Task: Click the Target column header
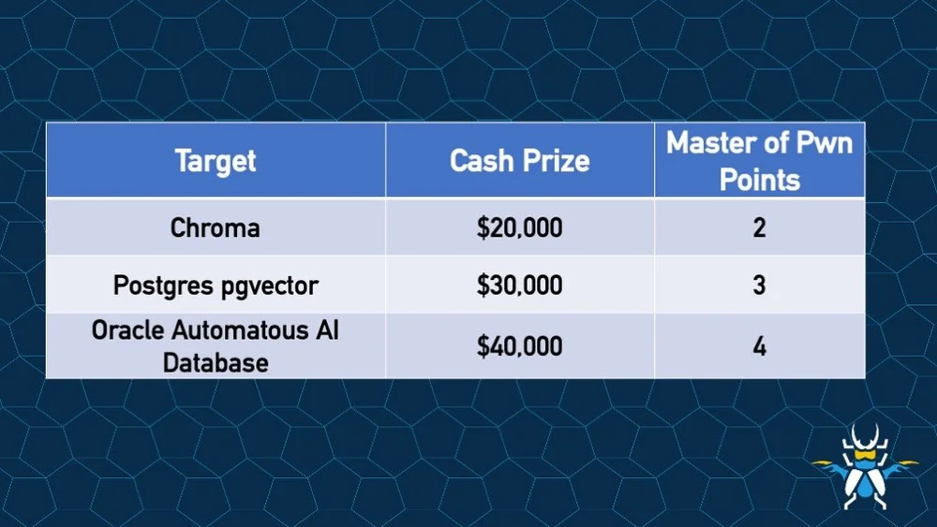[x=216, y=160]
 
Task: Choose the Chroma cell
[x=216, y=227]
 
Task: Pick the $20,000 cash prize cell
[x=519, y=227]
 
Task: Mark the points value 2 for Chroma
[x=759, y=227]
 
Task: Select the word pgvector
[x=270, y=285]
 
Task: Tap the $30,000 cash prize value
[x=519, y=285]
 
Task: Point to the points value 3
[x=759, y=285]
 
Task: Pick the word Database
[x=216, y=361]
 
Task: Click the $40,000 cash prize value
[x=519, y=345]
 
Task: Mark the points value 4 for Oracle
[x=759, y=345]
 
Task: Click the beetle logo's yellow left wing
[x=830, y=463]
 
